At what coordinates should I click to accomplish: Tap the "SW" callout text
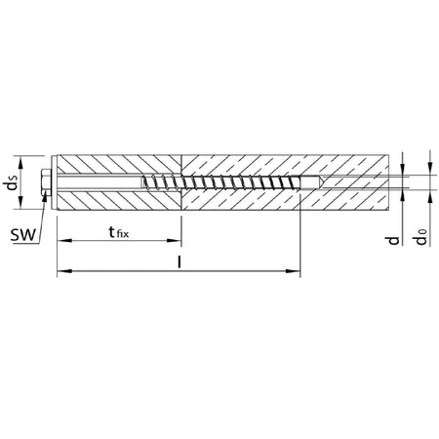tap(22, 235)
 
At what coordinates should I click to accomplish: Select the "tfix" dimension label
tap(118, 232)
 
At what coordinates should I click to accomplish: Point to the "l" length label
tap(179, 262)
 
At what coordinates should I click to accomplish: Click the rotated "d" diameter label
tap(392, 240)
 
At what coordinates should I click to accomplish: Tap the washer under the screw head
tap(53, 182)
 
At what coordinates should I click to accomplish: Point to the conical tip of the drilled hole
tap(321, 182)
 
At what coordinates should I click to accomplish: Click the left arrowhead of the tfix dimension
tap(64, 241)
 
